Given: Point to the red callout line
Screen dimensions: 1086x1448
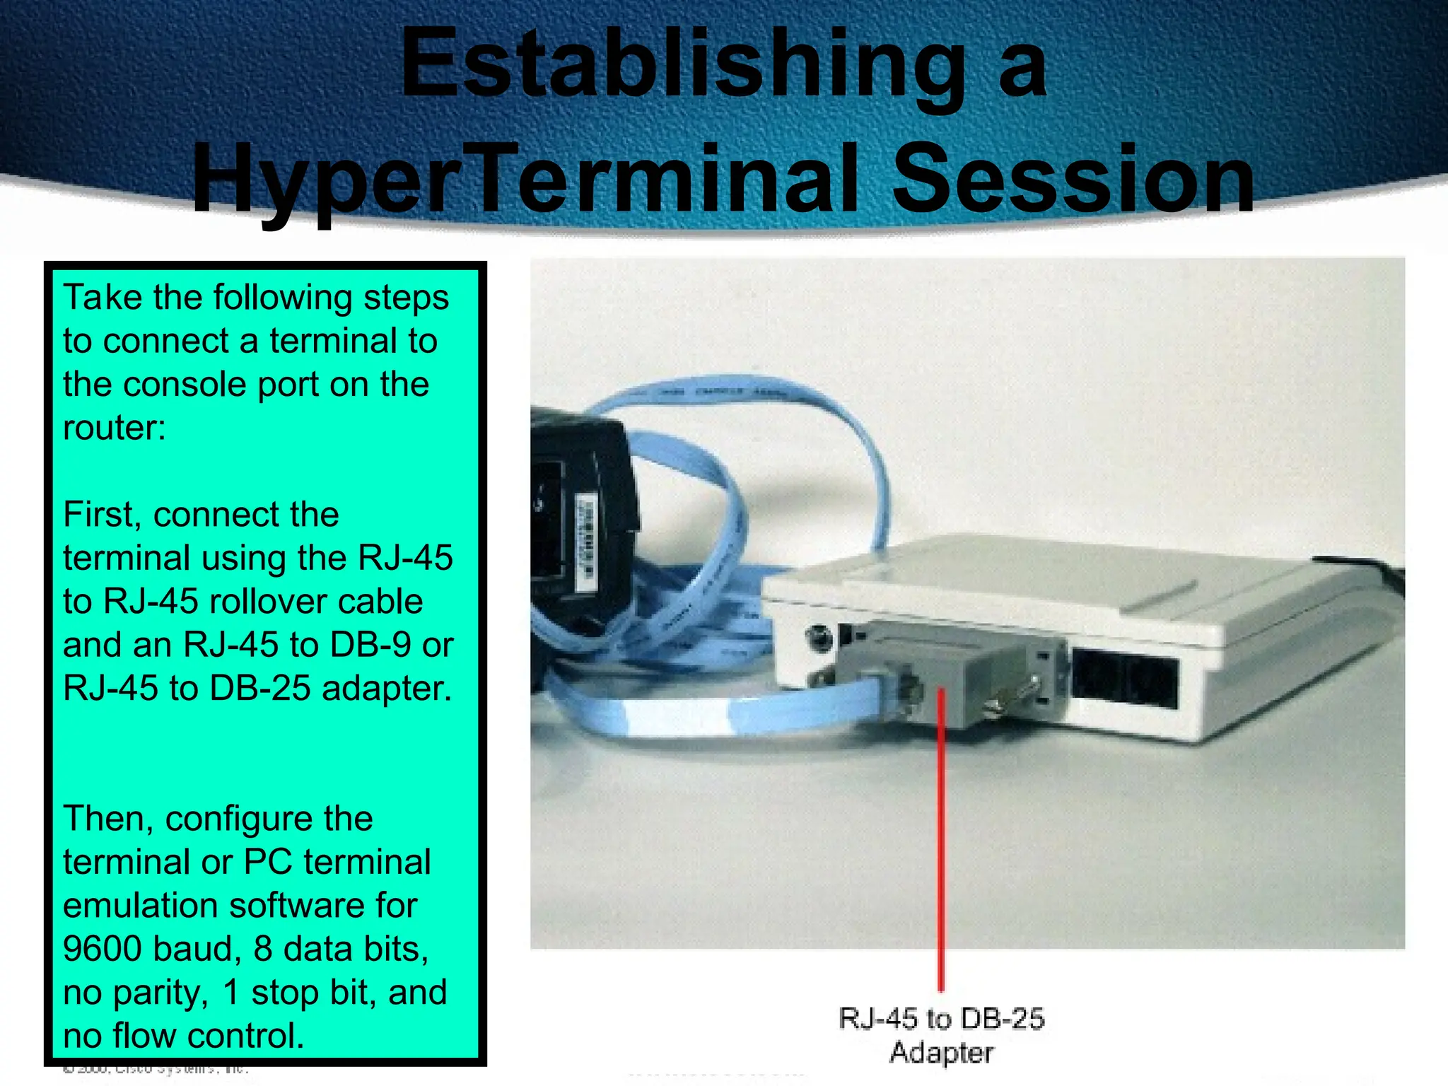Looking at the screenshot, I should (941, 848).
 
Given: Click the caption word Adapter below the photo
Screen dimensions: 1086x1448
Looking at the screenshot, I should (941, 1053).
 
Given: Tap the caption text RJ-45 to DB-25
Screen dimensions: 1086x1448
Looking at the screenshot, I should (941, 1019).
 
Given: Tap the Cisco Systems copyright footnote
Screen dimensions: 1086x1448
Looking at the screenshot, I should (156, 1068).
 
